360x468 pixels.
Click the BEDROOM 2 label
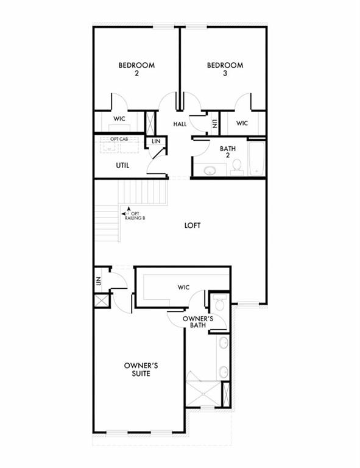coord(136,69)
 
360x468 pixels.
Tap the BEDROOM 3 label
coord(225,69)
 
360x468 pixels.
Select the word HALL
coord(180,124)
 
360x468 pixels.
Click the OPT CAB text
coord(119,140)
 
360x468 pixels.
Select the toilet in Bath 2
coord(237,166)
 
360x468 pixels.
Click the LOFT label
coord(192,225)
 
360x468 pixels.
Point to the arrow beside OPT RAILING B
coord(125,213)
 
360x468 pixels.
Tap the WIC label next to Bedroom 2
coord(119,119)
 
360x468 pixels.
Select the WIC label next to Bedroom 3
coord(242,123)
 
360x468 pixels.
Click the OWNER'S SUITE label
coord(141,369)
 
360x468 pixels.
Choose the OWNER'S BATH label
coord(197,322)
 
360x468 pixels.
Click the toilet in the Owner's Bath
coord(220,303)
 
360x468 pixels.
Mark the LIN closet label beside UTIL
coord(156,141)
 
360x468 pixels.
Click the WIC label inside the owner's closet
coord(184,286)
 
